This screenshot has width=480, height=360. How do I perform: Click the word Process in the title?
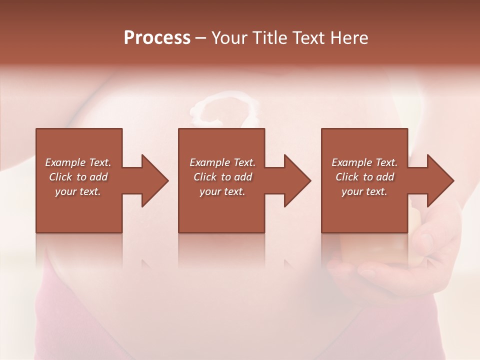(157, 38)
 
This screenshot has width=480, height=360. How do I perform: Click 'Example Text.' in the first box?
(78, 162)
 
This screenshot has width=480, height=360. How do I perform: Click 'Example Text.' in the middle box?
(222, 162)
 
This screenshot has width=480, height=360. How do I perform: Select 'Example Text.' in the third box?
(364, 162)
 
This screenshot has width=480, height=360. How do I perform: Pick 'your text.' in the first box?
(78, 191)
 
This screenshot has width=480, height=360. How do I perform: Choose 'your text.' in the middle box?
(222, 191)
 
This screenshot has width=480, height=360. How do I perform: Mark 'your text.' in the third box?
(364, 191)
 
